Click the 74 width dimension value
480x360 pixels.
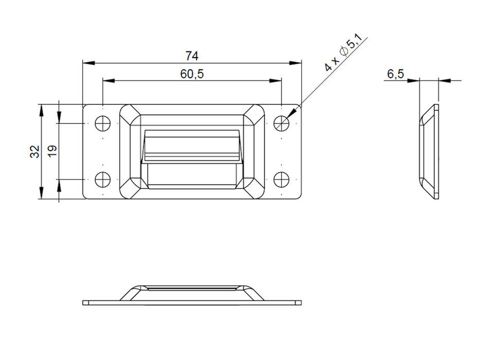pos(192,56)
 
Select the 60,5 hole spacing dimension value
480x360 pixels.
pos(192,74)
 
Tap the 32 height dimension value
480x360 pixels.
pos(34,151)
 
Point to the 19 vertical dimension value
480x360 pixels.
pos(52,151)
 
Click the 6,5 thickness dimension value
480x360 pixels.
pos(395,75)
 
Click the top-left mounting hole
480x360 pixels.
pos(103,123)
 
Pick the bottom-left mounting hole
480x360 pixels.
pos(103,179)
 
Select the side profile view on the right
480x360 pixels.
pos(429,151)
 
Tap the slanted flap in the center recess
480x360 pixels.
pos(192,147)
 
